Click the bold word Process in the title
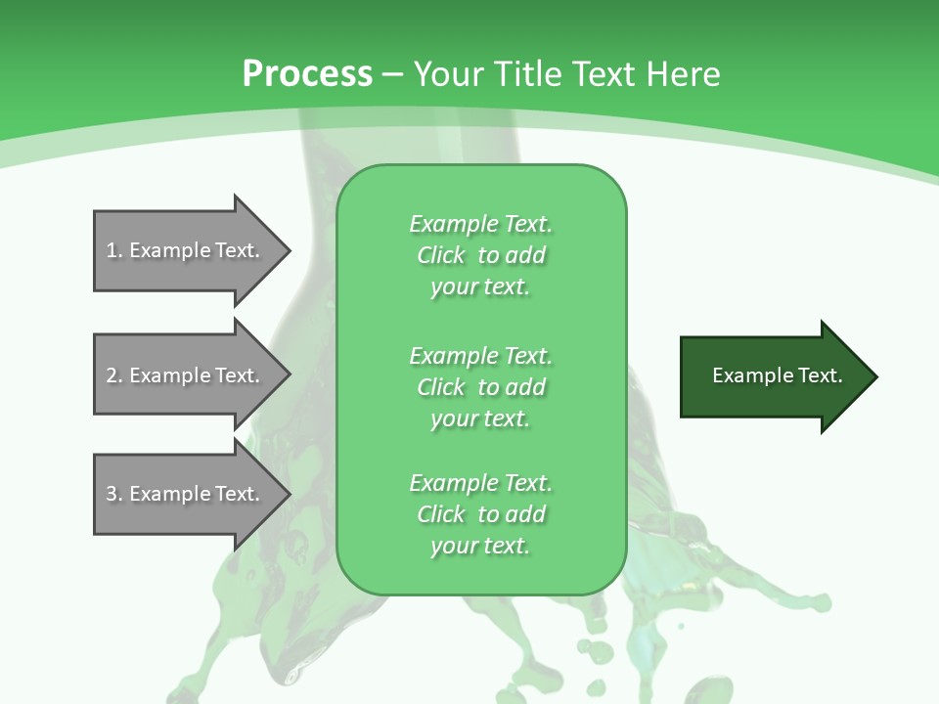tap(307, 74)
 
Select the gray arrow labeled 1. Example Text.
tap(186, 250)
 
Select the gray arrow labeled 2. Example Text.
tap(186, 375)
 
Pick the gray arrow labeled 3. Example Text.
tap(186, 494)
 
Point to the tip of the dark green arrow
tap(875, 376)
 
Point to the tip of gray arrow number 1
tap(289, 250)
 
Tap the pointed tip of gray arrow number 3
tap(289, 494)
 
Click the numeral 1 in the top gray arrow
tap(112, 250)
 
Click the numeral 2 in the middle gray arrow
tap(112, 375)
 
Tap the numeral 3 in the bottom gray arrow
tap(112, 494)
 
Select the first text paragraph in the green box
tap(480, 255)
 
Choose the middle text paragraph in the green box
tap(480, 387)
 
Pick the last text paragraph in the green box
tap(480, 514)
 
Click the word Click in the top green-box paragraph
tap(441, 255)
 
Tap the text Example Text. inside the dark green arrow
tap(778, 375)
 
